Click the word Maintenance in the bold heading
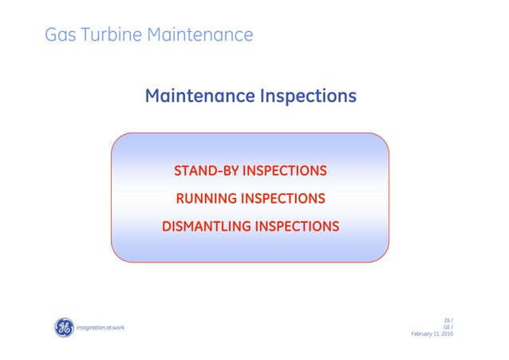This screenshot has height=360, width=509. click(x=199, y=97)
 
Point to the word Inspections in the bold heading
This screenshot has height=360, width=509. click(x=307, y=97)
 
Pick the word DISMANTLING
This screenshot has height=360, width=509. click(x=205, y=226)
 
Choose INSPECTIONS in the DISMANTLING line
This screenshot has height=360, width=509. click(x=296, y=226)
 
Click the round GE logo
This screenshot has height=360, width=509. click(x=63, y=327)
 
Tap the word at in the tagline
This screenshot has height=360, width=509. click(x=108, y=328)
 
